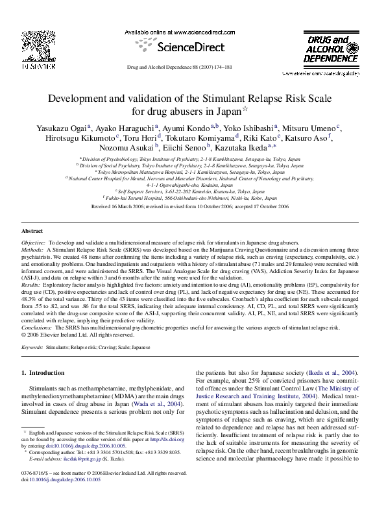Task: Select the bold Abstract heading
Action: [32, 231]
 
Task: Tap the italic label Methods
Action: [33, 248]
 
